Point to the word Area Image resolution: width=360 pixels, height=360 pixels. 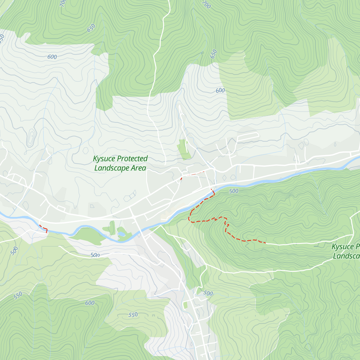(x=138, y=168)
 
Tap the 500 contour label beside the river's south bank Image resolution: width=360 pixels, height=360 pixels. (x=233, y=191)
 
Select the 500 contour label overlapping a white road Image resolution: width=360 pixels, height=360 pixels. (x=95, y=255)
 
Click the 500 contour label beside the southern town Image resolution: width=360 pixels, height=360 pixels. (x=208, y=293)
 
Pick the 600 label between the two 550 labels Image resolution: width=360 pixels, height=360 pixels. (x=90, y=303)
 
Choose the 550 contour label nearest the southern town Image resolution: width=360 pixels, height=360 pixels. (x=133, y=315)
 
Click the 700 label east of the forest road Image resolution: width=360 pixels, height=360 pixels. (x=206, y=5)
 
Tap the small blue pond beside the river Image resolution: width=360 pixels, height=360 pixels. (x=121, y=233)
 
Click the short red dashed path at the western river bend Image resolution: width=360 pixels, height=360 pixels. (x=43, y=229)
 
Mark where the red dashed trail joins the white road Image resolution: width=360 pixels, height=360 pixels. (x=266, y=243)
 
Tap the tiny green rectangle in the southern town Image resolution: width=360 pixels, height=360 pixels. (x=185, y=305)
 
